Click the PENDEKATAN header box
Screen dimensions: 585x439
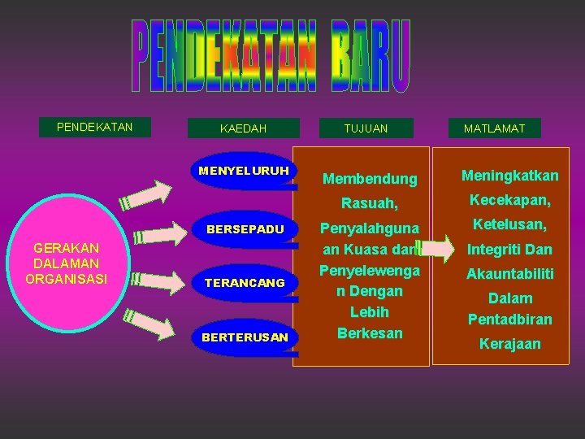click(94, 127)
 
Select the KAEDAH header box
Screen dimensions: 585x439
click(243, 128)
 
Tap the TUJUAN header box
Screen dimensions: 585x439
click(366, 128)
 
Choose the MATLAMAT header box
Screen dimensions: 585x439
click(494, 128)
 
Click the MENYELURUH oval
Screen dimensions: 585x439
click(243, 171)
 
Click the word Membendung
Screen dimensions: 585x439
click(370, 178)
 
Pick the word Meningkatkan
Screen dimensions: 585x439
click(509, 176)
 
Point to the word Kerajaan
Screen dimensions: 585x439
click(509, 344)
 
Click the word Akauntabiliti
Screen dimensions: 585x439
click(509, 274)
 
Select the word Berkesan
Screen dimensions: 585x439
click(370, 333)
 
